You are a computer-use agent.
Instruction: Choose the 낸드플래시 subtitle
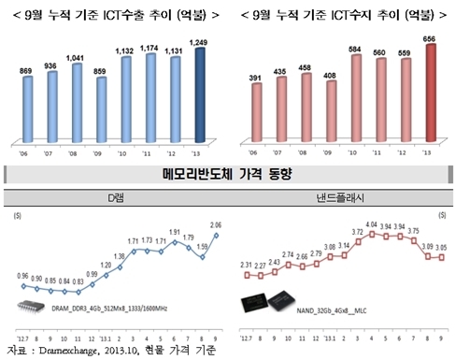click(x=344, y=200)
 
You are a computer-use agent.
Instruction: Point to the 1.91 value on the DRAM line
click(x=173, y=231)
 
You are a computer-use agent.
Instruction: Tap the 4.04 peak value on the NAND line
click(x=371, y=224)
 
